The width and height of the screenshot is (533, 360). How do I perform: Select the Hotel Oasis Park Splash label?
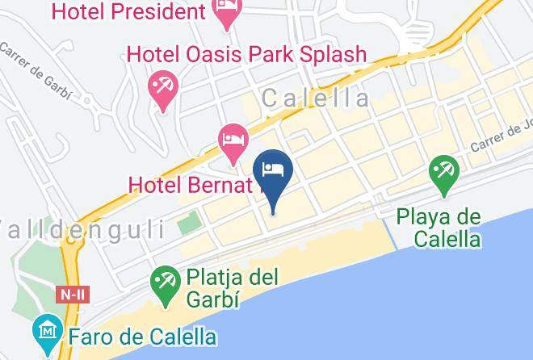tap(247, 55)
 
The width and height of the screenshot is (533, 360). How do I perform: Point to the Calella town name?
tap(317, 98)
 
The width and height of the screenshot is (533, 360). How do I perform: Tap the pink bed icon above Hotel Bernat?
tap(233, 141)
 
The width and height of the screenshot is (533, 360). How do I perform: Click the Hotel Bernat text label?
tap(191, 185)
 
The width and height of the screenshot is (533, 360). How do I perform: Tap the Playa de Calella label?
tap(439, 228)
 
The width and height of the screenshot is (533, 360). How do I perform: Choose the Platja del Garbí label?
tap(232, 287)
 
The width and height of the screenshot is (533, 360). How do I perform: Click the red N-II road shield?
tap(73, 295)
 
